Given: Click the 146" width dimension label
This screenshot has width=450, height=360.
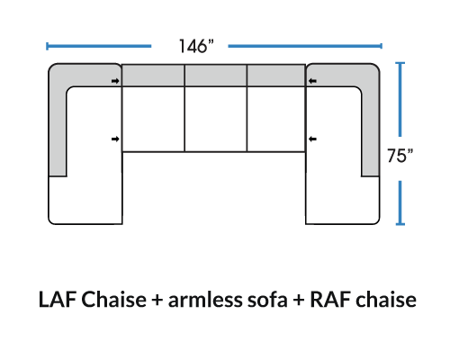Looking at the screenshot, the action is point(196,46).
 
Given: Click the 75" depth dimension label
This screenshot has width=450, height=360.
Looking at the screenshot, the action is point(400,156).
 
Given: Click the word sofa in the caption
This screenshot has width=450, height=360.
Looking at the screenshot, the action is point(267,300).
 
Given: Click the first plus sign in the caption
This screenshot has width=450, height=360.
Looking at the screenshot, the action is point(157,300).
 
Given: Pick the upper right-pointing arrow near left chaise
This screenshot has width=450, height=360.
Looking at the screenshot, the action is point(115,81).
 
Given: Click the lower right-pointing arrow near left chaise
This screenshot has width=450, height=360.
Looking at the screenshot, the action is point(115,139).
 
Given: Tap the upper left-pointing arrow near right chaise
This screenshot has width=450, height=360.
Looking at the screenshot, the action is point(312,81).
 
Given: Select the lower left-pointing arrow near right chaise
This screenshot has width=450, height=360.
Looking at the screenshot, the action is point(312,139).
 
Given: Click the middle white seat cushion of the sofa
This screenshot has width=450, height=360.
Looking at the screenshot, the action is point(216,119).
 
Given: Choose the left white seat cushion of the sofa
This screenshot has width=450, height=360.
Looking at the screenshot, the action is point(153,119).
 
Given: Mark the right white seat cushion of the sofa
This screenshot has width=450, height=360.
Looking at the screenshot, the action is point(276,119).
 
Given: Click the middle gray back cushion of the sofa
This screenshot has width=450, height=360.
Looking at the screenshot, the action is point(216,76).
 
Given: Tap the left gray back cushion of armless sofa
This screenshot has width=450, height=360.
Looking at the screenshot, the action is point(153,76).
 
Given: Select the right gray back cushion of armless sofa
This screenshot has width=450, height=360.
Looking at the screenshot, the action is point(276,76).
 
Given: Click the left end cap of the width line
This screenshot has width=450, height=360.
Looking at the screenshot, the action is point(47,46).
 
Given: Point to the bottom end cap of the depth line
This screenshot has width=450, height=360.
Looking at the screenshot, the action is point(400,224).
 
